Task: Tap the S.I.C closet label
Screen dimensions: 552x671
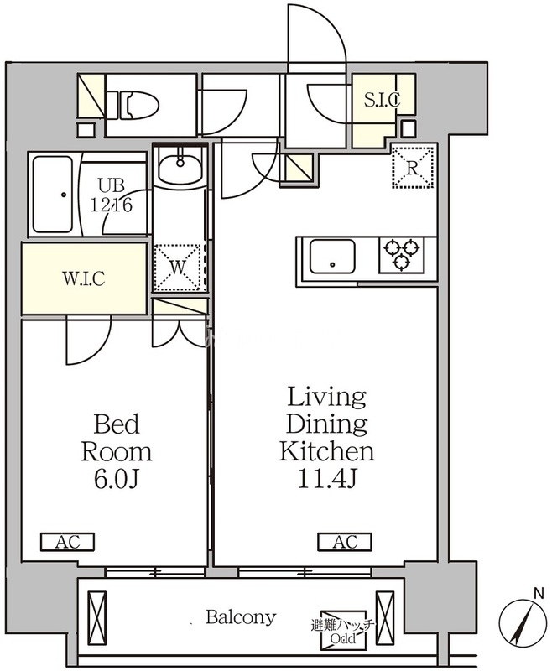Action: click(382, 99)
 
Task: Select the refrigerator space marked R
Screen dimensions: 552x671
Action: click(413, 166)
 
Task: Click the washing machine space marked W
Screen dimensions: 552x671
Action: click(178, 267)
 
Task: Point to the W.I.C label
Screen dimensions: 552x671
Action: click(84, 278)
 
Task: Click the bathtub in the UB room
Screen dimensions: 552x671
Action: click(53, 195)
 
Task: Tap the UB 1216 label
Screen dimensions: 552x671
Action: click(112, 195)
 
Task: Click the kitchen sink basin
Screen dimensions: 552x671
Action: click(332, 257)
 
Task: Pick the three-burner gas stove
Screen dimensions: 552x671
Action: click(401, 255)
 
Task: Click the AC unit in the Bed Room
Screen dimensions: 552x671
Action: click(68, 542)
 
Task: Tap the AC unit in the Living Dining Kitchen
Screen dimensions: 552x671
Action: click(345, 542)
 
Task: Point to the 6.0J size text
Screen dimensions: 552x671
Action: click(116, 480)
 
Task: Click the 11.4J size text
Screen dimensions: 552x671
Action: click(327, 480)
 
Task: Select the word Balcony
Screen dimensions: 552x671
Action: click(241, 617)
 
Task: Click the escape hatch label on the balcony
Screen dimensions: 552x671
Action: click(344, 631)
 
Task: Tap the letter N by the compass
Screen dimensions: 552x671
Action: click(539, 594)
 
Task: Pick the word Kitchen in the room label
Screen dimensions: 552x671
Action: click(327, 451)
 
